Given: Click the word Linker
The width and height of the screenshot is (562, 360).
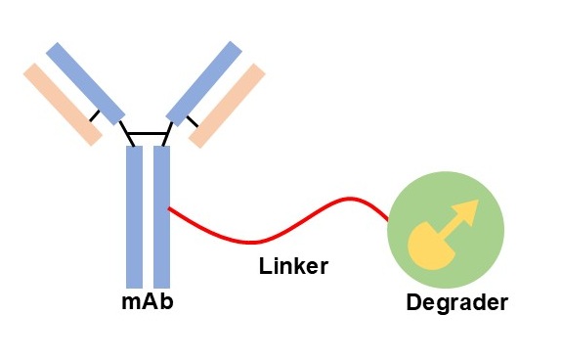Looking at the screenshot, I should tap(293, 265).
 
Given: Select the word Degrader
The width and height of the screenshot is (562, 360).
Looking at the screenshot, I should tap(456, 302).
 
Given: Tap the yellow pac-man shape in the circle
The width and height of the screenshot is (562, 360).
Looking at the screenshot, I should tap(427, 246).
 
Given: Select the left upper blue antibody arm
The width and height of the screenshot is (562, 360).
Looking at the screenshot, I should tap(85, 82).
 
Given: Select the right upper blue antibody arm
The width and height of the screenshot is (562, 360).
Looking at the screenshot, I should tap(204, 82).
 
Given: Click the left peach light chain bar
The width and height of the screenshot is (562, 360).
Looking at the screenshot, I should tap(63, 104).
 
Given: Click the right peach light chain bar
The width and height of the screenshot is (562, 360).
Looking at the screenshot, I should tap(227, 105).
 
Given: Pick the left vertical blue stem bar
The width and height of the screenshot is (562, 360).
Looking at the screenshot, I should tap(135, 215).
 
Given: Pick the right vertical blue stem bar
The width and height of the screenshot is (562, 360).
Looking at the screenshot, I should tap(162, 215).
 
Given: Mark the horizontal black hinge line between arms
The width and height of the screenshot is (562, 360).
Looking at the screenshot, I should tap(148, 133).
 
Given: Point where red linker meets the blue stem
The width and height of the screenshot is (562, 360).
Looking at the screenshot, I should tap(172, 208).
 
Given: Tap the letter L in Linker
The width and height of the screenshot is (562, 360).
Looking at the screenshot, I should tap(264, 265).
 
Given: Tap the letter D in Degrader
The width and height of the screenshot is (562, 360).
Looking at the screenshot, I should tap(413, 301).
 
